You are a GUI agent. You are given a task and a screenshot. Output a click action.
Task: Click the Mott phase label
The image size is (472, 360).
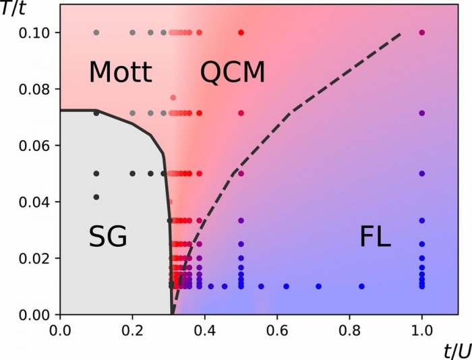pos(121,72)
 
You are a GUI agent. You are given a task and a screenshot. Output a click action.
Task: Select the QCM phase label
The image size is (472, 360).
pos(233,72)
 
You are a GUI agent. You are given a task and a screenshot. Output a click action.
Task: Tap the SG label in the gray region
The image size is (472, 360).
pos(108,237)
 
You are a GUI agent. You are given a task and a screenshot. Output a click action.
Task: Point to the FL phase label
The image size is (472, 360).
pos(375,237)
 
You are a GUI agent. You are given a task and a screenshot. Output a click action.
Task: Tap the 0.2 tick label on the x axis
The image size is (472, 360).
pos(132,331)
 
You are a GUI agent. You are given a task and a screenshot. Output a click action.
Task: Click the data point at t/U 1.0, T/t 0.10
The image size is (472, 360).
pos(422,32)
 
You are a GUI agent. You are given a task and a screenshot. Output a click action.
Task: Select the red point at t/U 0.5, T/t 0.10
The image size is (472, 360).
pos(241,32)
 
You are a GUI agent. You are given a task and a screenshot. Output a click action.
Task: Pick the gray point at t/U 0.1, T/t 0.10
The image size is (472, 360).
pos(96,32)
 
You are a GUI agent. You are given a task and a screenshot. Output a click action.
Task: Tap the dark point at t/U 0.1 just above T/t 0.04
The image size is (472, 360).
pos(96,197)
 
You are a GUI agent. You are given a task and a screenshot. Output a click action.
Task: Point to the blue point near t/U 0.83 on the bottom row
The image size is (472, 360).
pos(361,287)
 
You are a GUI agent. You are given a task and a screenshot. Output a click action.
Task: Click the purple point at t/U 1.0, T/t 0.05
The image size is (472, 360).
pos(422,173)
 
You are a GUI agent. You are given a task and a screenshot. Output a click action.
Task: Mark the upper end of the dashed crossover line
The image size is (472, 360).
pos(401,33)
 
